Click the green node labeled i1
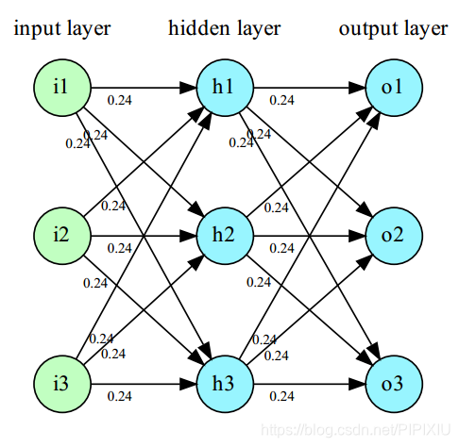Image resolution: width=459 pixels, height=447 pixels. [x=59, y=89]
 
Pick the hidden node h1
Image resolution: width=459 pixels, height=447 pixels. [x=224, y=89]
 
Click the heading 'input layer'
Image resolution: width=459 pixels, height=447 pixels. [x=61, y=29]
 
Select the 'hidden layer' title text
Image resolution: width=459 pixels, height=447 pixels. [x=224, y=29]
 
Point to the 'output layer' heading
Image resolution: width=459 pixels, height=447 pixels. [x=393, y=29]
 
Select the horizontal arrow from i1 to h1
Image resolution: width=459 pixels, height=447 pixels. [x=142, y=89]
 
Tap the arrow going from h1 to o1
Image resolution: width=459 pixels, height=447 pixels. [x=308, y=89]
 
